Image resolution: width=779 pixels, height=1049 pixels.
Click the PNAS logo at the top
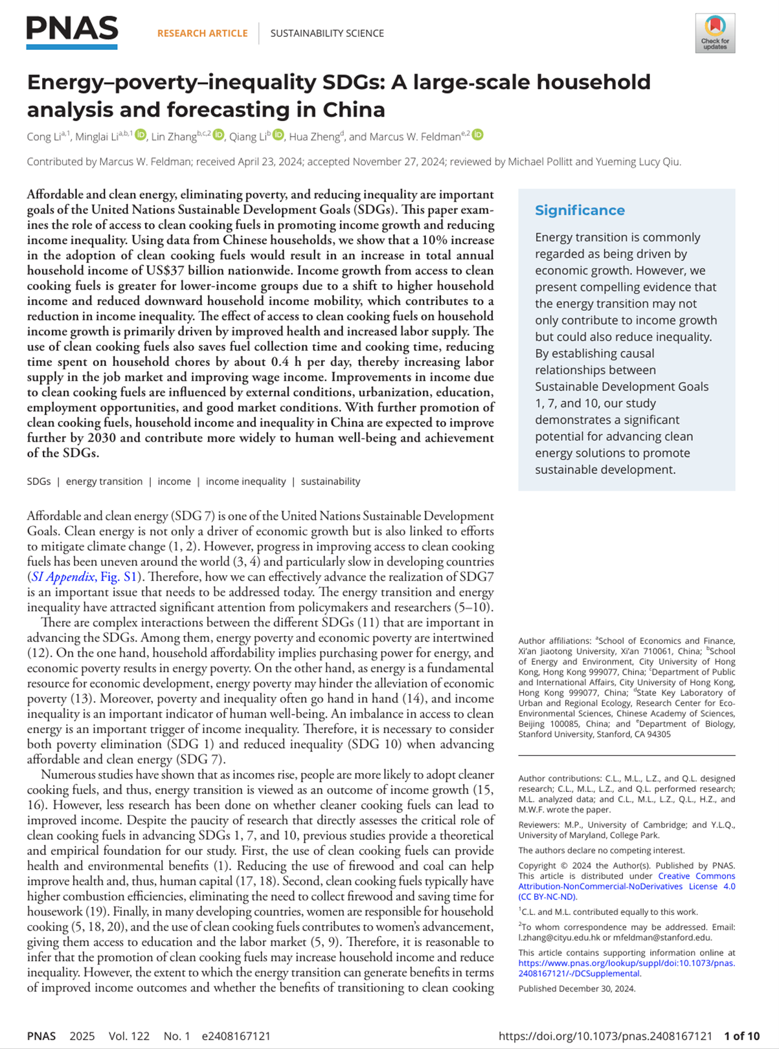pyautogui.click(x=72, y=32)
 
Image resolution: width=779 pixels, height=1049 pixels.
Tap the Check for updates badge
pyautogui.click(x=715, y=33)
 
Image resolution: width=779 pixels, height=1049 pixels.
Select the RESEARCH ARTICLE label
pyautogui.click(x=202, y=33)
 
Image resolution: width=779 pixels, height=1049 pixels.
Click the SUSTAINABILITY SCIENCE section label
pyautogui.click(x=327, y=33)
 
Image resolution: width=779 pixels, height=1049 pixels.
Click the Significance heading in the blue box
pyautogui.click(x=580, y=210)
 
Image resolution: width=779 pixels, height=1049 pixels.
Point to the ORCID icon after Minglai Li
pyautogui.click(x=141, y=135)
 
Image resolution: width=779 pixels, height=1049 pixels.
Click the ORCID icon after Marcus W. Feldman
pyautogui.click(x=478, y=135)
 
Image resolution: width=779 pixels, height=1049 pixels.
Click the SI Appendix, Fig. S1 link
pyautogui.click(x=83, y=577)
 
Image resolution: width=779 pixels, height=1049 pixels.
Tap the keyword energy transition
pyautogui.click(x=104, y=481)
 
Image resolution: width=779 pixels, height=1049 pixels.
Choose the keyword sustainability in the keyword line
pyautogui.click(x=330, y=481)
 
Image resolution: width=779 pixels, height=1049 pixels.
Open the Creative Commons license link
pyautogui.click(x=626, y=886)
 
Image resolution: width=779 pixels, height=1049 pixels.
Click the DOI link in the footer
pyautogui.click(x=605, y=1036)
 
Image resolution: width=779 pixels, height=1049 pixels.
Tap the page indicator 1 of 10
pyautogui.click(x=742, y=1036)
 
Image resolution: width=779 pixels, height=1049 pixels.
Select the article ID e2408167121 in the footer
pyautogui.click(x=236, y=1036)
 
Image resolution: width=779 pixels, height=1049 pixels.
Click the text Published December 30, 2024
pyautogui.click(x=576, y=989)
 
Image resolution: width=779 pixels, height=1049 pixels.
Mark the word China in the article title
pyautogui.click(x=354, y=109)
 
